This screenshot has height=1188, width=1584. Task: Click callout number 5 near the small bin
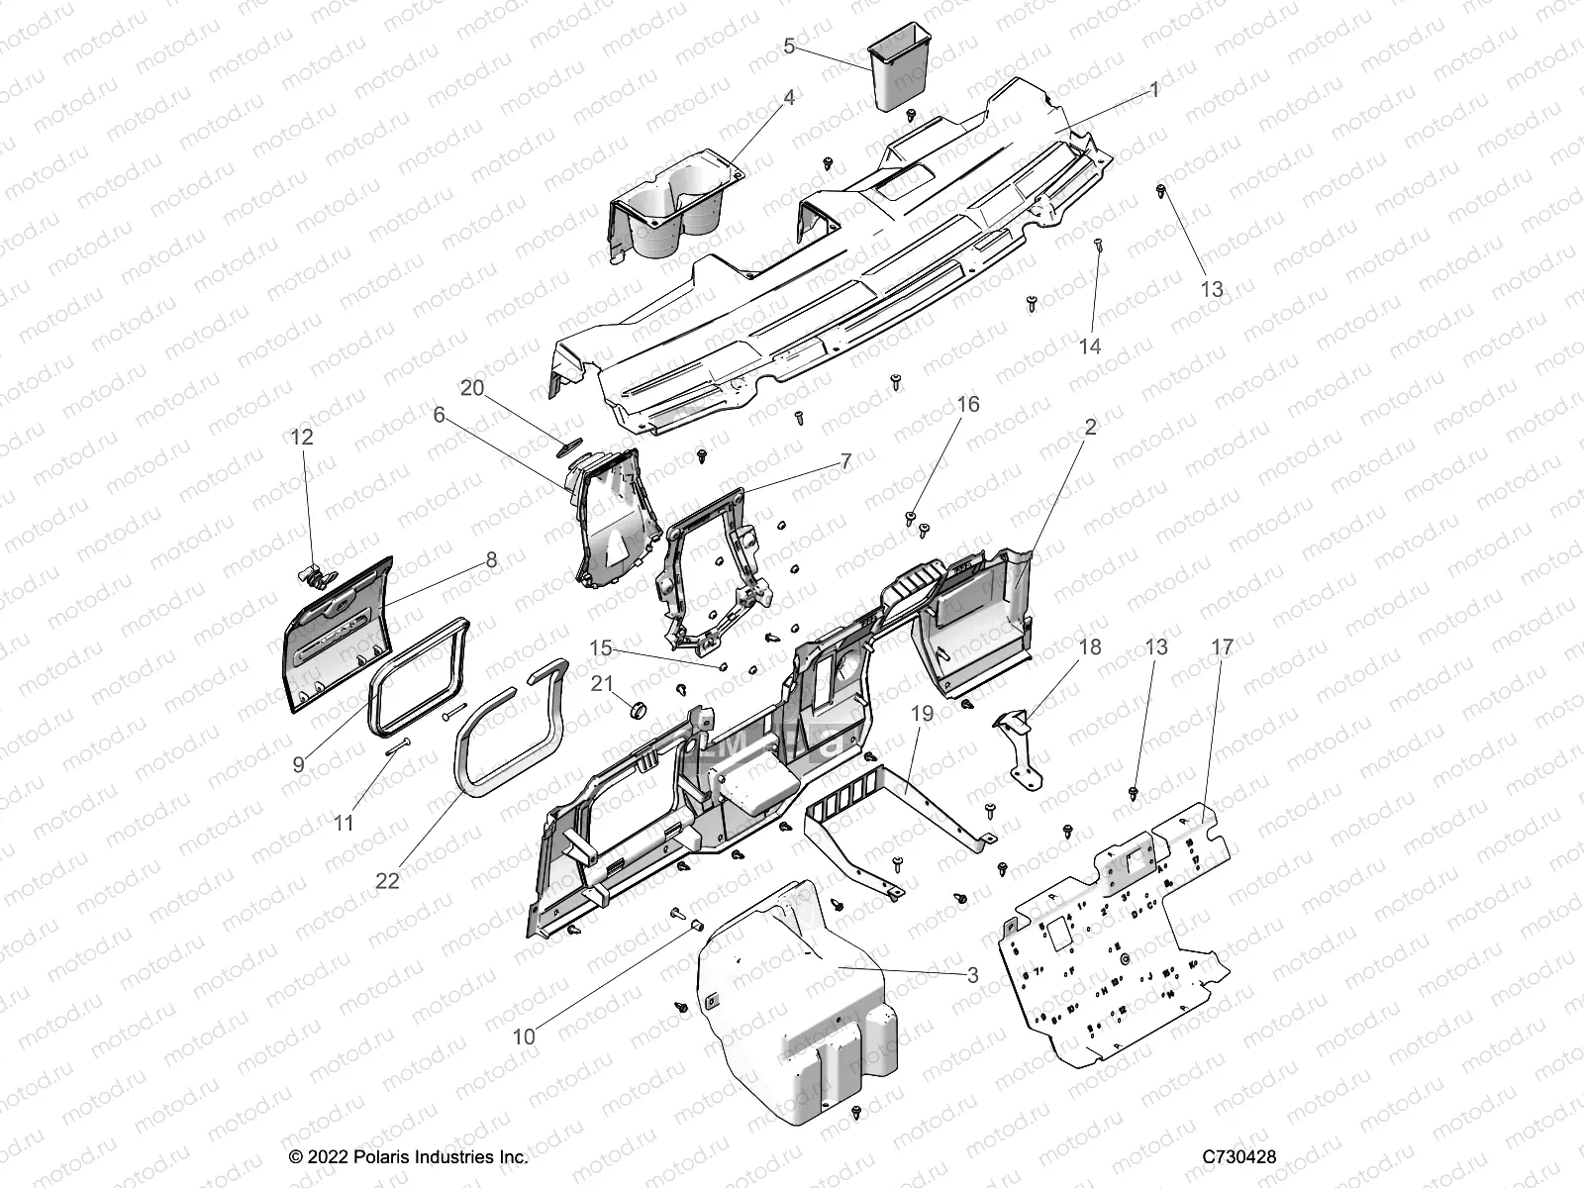click(x=789, y=46)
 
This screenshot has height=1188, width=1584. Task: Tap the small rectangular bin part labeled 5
click(x=898, y=69)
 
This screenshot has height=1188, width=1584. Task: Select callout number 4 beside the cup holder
click(x=789, y=97)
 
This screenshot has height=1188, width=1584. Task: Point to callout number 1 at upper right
click(x=1153, y=90)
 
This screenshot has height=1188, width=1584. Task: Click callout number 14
click(x=1090, y=346)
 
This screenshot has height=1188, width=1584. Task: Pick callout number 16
click(x=967, y=404)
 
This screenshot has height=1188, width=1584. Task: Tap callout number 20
click(x=472, y=388)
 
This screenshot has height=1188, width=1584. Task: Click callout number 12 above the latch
click(x=302, y=437)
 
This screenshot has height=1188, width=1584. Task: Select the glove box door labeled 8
click(x=337, y=634)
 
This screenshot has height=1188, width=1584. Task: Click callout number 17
click(x=1222, y=647)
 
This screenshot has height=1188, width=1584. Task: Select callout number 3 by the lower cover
click(x=972, y=975)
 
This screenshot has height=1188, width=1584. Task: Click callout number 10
click(x=524, y=1037)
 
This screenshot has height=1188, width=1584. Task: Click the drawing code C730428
click(x=1238, y=1156)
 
